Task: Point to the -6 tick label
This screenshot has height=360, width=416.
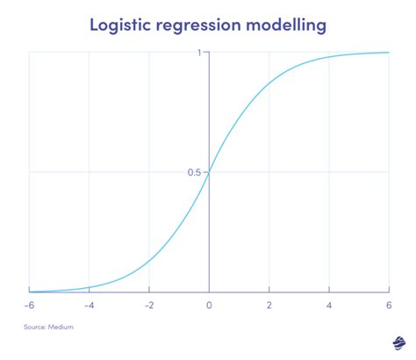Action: (29, 306)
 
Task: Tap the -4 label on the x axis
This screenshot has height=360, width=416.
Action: (89, 306)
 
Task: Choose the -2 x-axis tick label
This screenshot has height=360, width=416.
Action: (148, 306)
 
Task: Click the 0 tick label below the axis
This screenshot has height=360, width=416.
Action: (209, 306)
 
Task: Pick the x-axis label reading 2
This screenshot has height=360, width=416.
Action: (269, 306)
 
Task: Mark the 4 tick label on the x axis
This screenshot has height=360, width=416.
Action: (329, 306)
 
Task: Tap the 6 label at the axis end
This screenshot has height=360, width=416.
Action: (389, 306)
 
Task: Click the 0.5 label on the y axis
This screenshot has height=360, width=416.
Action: (194, 172)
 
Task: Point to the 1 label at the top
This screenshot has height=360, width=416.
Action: (200, 53)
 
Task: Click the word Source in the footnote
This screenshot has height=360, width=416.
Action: (39, 327)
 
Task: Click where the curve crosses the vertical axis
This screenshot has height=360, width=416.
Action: (209, 172)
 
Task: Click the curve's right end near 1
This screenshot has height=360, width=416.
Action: (388, 53)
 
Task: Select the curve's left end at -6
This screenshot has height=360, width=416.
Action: (30, 291)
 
